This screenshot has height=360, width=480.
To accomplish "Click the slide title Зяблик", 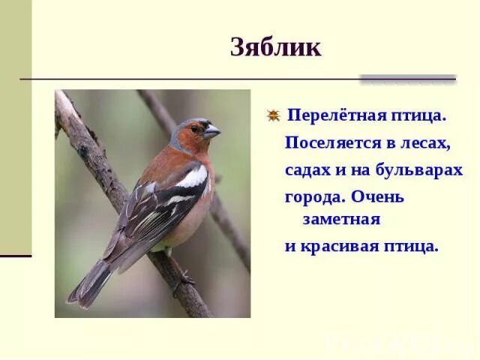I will tap(275, 47).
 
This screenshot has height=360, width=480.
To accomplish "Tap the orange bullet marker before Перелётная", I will tap(273, 115).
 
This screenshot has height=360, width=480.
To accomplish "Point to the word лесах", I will tap(427, 143).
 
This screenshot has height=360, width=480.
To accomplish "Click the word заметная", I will tap(342, 220).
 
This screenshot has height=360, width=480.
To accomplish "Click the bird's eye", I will tap(195, 128).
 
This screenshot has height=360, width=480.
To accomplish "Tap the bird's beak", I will tap(212, 132).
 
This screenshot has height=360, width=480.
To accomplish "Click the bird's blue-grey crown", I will tap(187, 122).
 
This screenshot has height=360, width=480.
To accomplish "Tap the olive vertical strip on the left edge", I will tap(15, 127).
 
